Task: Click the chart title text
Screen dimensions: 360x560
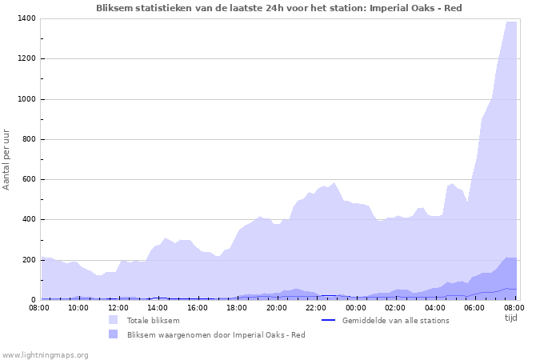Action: (x=278, y=8)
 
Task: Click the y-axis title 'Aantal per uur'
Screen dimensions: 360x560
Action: (x=7, y=158)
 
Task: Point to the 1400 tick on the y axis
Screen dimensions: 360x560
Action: (x=25, y=18)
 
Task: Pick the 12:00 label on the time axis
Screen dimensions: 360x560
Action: (x=118, y=307)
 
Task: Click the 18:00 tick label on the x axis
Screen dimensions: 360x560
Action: (x=237, y=307)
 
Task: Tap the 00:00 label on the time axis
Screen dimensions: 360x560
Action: (x=356, y=307)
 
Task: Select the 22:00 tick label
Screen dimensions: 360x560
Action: (x=316, y=307)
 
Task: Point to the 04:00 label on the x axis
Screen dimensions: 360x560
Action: (x=435, y=307)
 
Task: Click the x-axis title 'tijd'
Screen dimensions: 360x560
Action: (x=511, y=318)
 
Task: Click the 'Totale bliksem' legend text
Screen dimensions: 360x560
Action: (x=153, y=320)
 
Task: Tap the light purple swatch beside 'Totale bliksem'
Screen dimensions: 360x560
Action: (x=113, y=320)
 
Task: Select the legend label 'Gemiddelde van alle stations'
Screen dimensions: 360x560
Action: (x=395, y=320)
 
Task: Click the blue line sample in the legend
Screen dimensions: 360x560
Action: (x=327, y=320)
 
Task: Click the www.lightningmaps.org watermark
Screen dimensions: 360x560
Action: (x=45, y=354)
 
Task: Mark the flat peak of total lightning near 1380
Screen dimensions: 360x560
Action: (x=511, y=22)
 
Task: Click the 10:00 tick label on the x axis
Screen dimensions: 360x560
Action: (x=78, y=307)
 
